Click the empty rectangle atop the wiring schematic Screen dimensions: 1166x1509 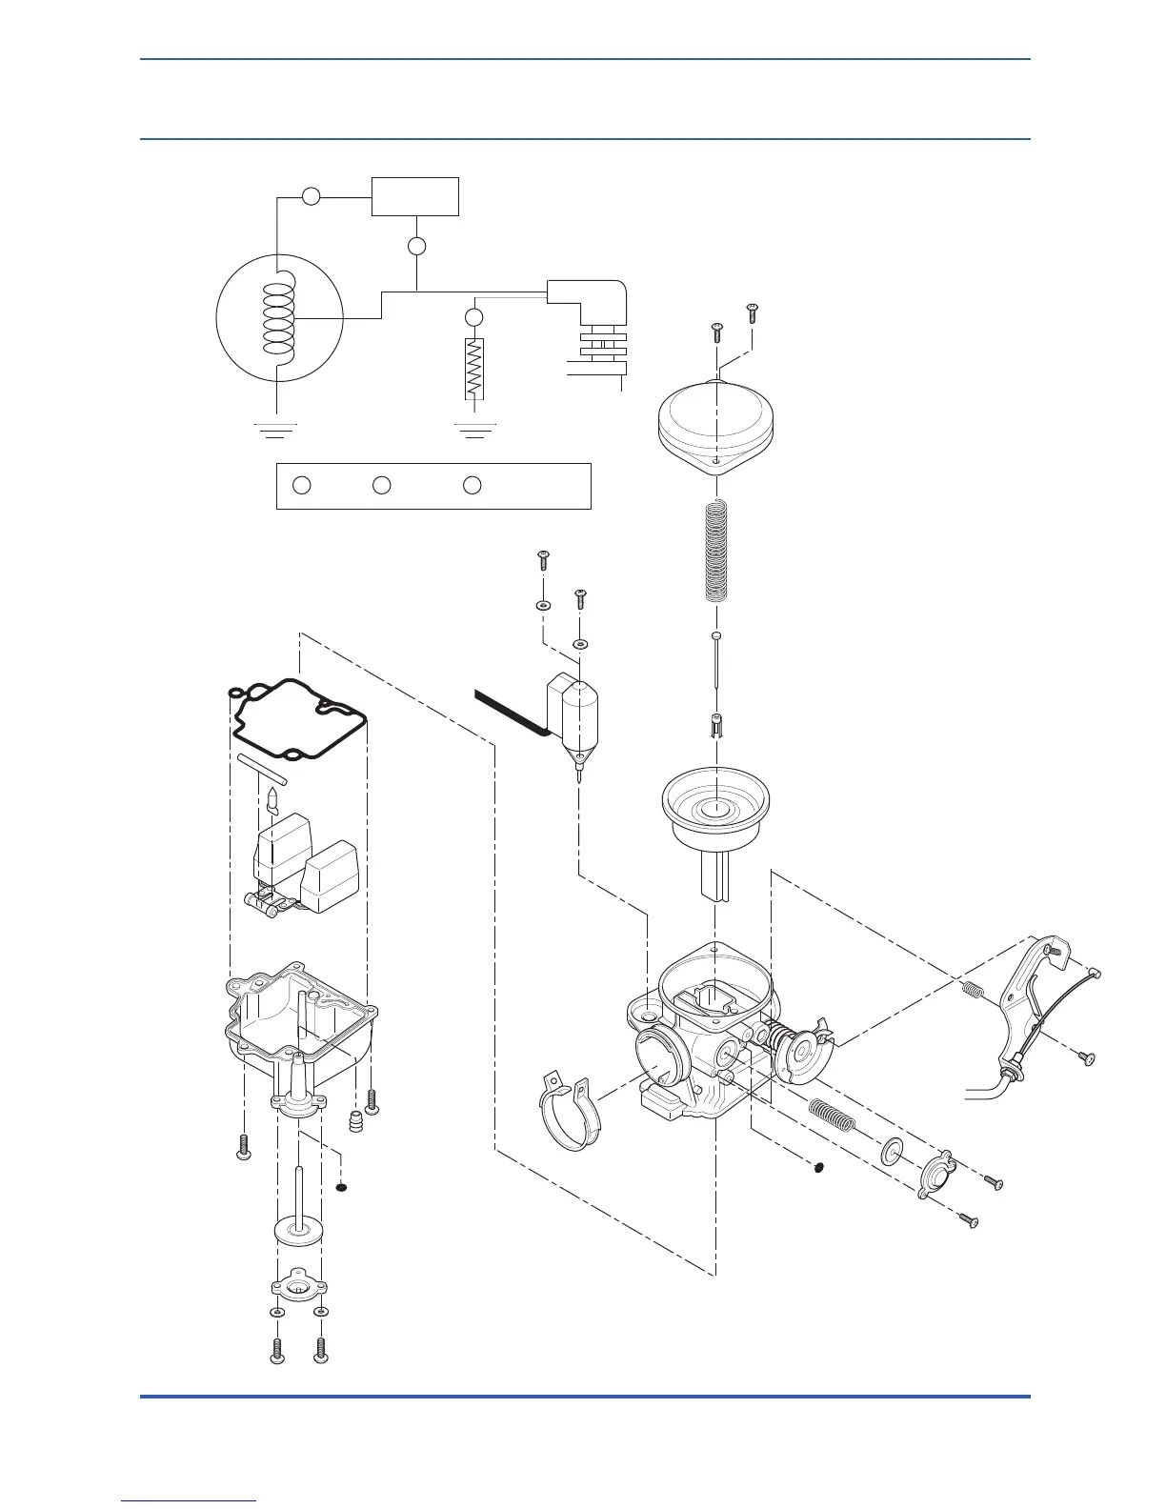click(415, 196)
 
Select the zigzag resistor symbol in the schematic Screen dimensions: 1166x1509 click(474, 369)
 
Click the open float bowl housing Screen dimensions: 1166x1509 click(300, 1029)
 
